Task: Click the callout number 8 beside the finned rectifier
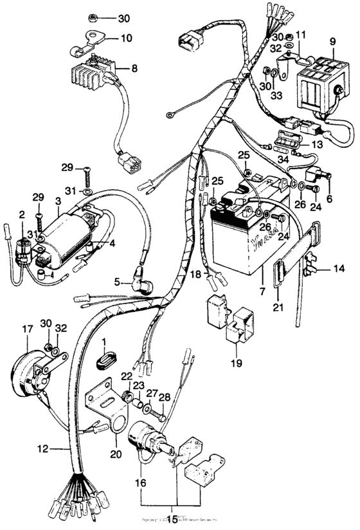click(134, 68)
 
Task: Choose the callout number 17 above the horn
click(27, 329)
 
